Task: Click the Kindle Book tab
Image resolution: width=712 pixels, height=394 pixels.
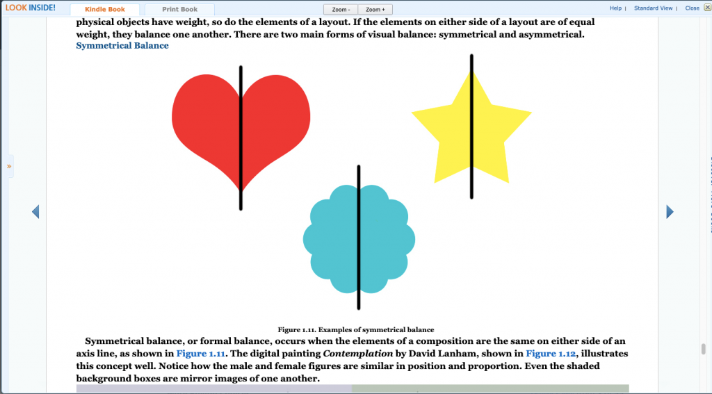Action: (x=105, y=10)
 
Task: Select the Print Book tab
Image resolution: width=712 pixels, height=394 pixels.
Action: (x=180, y=10)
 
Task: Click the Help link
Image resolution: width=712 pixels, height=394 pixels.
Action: (x=616, y=8)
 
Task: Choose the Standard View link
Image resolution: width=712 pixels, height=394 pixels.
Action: (x=653, y=8)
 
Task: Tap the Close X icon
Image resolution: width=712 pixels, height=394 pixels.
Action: (x=707, y=8)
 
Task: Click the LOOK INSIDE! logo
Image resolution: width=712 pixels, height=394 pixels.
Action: (x=31, y=8)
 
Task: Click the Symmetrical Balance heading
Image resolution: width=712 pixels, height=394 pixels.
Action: (x=122, y=45)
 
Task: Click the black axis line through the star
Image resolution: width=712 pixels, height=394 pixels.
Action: (x=471, y=126)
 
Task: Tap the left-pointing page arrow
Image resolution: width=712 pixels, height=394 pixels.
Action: (x=35, y=211)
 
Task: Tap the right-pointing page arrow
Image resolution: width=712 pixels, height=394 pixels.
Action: (x=670, y=211)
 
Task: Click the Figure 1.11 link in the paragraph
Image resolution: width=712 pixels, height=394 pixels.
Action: (x=201, y=354)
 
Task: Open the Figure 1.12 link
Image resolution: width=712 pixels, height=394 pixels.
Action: (x=551, y=354)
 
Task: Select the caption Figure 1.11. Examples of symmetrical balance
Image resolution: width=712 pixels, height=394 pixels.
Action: (x=356, y=330)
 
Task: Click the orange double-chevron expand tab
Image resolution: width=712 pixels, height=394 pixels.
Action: (x=8, y=166)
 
